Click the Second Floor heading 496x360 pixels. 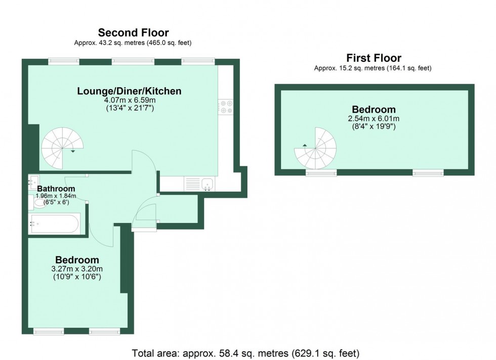tap(133, 33)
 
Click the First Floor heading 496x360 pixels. tap(374, 58)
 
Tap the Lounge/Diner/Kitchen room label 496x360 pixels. tap(129, 92)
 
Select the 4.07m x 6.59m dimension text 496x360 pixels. tap(129, 100)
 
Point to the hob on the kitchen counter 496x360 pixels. tap(226, 107)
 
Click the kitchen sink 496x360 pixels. tap(207, 184)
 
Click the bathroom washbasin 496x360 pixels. tap(33, 180)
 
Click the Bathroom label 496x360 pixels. tap(56, 189)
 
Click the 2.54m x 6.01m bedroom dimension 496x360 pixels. tap(374, 119)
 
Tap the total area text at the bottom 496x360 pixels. tap(245, 352)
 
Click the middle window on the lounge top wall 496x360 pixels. tap(133, 61)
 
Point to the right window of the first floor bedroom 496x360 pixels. tap(428, 173)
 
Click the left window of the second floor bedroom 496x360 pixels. tap(49, 332)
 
